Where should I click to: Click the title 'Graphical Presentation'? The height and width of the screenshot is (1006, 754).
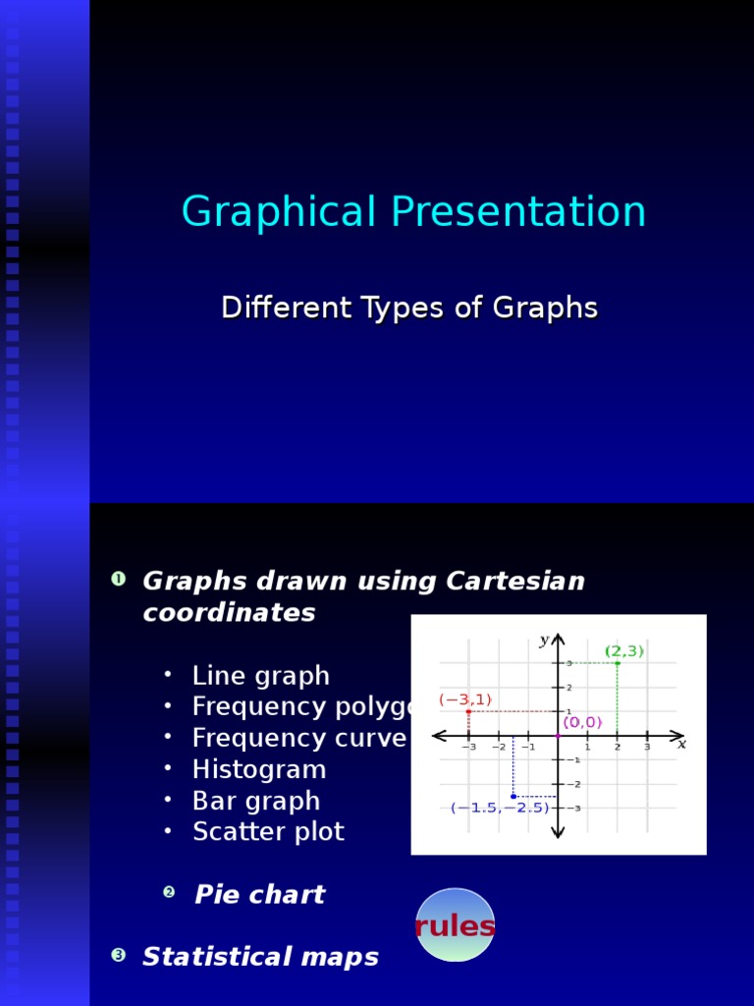413,212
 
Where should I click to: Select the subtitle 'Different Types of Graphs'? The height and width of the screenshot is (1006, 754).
409,307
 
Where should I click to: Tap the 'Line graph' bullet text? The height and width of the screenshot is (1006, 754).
260,676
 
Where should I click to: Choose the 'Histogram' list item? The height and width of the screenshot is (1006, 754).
258,769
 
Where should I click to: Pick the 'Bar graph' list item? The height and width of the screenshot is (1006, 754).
255,801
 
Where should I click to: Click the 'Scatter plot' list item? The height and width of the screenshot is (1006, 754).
268,832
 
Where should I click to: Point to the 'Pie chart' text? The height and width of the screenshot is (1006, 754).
259,895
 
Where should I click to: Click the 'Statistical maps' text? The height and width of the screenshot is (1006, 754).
260,957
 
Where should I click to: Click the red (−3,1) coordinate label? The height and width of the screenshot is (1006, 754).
465,699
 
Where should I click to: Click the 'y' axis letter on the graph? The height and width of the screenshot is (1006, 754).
544,641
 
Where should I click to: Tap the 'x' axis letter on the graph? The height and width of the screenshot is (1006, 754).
681,744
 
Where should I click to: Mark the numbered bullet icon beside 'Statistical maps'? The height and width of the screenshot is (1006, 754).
119,955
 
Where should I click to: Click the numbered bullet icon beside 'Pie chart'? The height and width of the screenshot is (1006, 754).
169,892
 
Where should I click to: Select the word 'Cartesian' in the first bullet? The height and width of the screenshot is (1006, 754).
514,582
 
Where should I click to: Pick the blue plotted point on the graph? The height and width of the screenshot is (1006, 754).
513,796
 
